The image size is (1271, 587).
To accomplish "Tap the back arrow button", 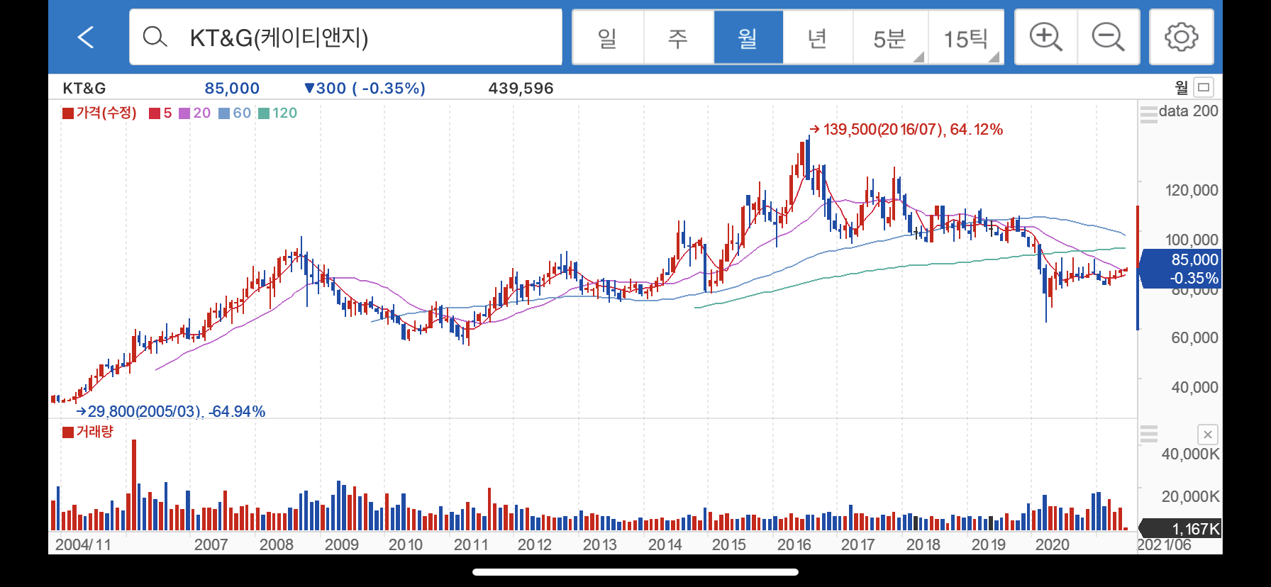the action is point(86,37).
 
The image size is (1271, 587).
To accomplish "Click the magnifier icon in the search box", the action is point(155,37).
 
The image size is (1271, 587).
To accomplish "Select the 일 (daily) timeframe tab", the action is point(608,38).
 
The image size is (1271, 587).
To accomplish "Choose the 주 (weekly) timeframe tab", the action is point(678,38).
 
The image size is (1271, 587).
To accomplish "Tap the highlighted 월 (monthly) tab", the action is point(748,38).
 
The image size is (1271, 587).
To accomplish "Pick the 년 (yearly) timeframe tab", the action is point(818,38).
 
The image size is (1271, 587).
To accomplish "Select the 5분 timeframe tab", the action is point(890,38).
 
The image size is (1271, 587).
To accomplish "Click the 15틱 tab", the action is point(965,38).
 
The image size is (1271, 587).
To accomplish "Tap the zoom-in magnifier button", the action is point(1046,37).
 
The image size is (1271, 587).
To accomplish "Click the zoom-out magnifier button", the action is point(1109,37).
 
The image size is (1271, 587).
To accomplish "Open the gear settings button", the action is point(1182,37).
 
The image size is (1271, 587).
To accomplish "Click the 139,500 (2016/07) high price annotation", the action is point(906,129).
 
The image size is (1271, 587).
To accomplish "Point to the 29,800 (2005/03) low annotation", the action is point(171,411).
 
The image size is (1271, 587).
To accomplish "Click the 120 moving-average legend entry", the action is point(278,113).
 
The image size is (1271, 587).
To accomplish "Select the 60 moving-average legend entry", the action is point(235,113).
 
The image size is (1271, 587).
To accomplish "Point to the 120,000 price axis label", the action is point(1192,190).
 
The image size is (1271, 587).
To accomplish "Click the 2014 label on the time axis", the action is point(665,544).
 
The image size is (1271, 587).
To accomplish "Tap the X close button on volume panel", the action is point(1207,435).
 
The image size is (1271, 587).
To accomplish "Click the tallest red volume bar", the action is point(134,485).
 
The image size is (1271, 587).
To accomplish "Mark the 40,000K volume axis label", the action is point(1190,454).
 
